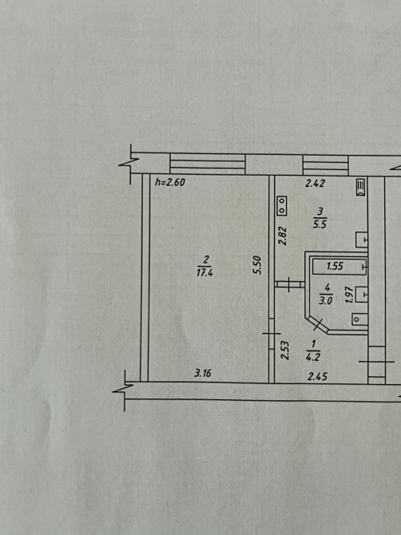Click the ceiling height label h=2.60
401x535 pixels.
(x=170, y=182)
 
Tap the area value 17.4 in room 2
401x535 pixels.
(x=204, y=272)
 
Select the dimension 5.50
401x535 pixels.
(x=257, y=265)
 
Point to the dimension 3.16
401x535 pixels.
(x=203, y=373)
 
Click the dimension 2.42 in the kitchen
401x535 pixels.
(x=315, y=184)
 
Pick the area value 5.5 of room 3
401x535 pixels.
(x=320, y=224)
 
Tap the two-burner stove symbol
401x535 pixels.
(x=282, y=206)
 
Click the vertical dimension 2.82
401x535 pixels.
(x=283, y=236)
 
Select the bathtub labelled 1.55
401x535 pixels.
(x=340, y=266)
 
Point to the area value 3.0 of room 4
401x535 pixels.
(x=326, y=301)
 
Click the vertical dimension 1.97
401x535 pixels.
(x=348, y=295)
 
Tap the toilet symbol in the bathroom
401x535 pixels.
(x=359, y=319)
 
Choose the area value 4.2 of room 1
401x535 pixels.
(x=313, y=357)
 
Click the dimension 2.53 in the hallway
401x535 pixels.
(x=285, y=351)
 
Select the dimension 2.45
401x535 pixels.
(x=317, y=377)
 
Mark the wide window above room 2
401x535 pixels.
(x=208, y=164)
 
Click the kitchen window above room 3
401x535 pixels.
(x=326, y=165)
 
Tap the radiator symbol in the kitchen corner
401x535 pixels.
(x=361, y=188)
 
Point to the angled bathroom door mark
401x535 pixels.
(x=319, y=324)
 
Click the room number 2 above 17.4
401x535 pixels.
(x=205, y=260)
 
